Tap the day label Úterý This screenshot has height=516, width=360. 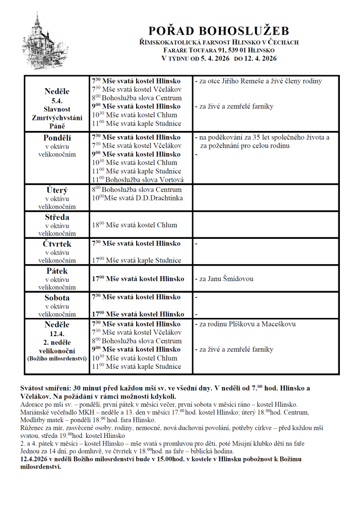point(57,190)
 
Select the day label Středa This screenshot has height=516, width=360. point(57,217)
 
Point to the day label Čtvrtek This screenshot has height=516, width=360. point(57,244)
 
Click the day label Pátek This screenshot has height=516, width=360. point(57,271)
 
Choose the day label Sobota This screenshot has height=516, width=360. point(57,297)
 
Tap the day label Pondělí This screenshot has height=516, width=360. point(57,137)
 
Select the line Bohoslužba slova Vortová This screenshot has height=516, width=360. point(138,179)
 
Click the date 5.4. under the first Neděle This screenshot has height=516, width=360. point(57,100)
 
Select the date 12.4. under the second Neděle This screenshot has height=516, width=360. point(57,333)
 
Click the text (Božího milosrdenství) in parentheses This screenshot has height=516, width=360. point(57,359)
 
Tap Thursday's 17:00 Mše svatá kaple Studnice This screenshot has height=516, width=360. point(136,260)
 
